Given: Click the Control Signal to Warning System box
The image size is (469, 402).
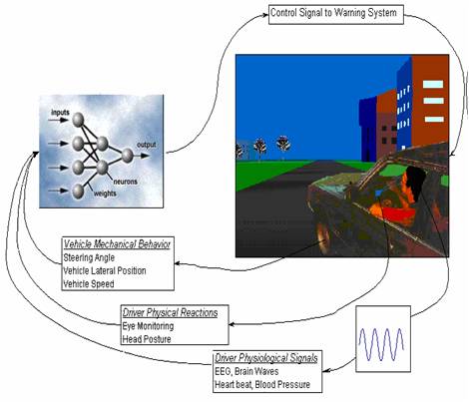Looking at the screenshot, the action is pos(336,14).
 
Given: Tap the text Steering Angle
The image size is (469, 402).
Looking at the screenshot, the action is pos(89,257).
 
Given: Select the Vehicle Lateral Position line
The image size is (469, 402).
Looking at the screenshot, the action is pos(105,270).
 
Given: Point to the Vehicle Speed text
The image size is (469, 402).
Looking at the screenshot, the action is pos(89,284).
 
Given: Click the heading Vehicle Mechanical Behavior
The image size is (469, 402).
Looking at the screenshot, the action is pos(117,244).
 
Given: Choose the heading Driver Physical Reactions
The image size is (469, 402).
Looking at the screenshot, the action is pos(170,313).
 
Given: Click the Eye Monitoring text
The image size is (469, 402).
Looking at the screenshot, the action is pos(148,326).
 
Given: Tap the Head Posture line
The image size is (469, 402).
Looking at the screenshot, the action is pos(147,339).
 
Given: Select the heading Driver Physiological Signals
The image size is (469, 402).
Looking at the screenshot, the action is pos(266,358).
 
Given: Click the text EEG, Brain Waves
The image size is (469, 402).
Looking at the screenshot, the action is pos(246,371).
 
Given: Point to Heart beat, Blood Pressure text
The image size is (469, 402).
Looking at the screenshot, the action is pos(262,385).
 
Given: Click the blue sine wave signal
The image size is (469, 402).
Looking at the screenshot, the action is pos(381,344).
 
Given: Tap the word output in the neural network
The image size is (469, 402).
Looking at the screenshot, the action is pos(147,145).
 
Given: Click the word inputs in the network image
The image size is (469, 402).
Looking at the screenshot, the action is pos(60,113).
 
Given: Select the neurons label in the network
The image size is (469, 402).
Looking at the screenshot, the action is pos(125,182).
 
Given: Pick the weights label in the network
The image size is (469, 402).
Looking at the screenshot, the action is pos(105,194).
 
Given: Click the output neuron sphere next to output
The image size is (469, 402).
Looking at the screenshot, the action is pos(127,156).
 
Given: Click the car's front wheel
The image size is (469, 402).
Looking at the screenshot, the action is pos(322,236).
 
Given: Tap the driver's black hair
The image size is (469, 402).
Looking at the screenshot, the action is pos(416,183).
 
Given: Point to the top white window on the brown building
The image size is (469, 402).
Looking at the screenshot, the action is pos(433,84).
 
